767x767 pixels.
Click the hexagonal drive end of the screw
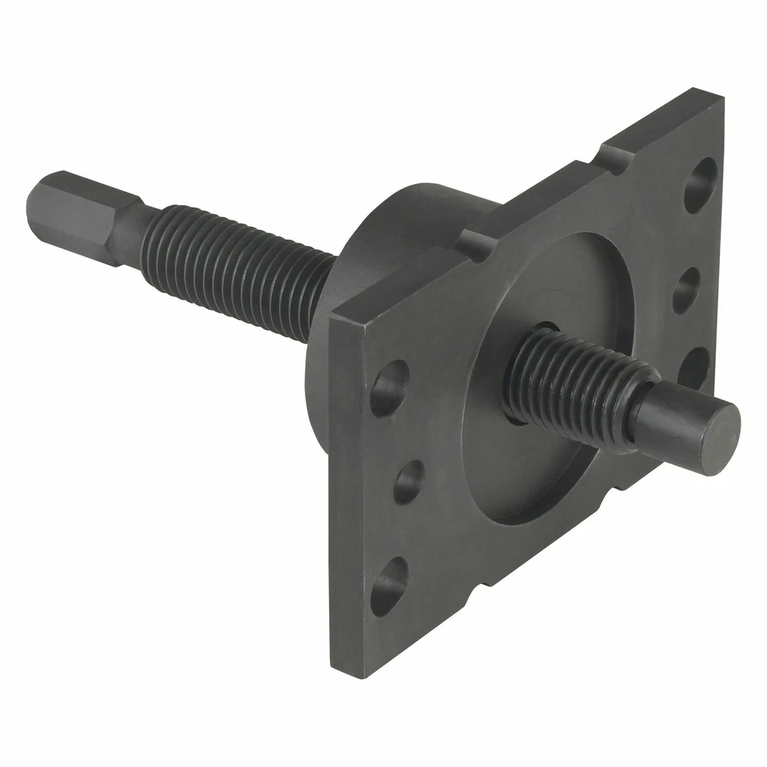[x=68, y=209]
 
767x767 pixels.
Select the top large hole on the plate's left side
[x=390, y=387]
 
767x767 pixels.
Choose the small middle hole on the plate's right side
[x=686, y=289]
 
